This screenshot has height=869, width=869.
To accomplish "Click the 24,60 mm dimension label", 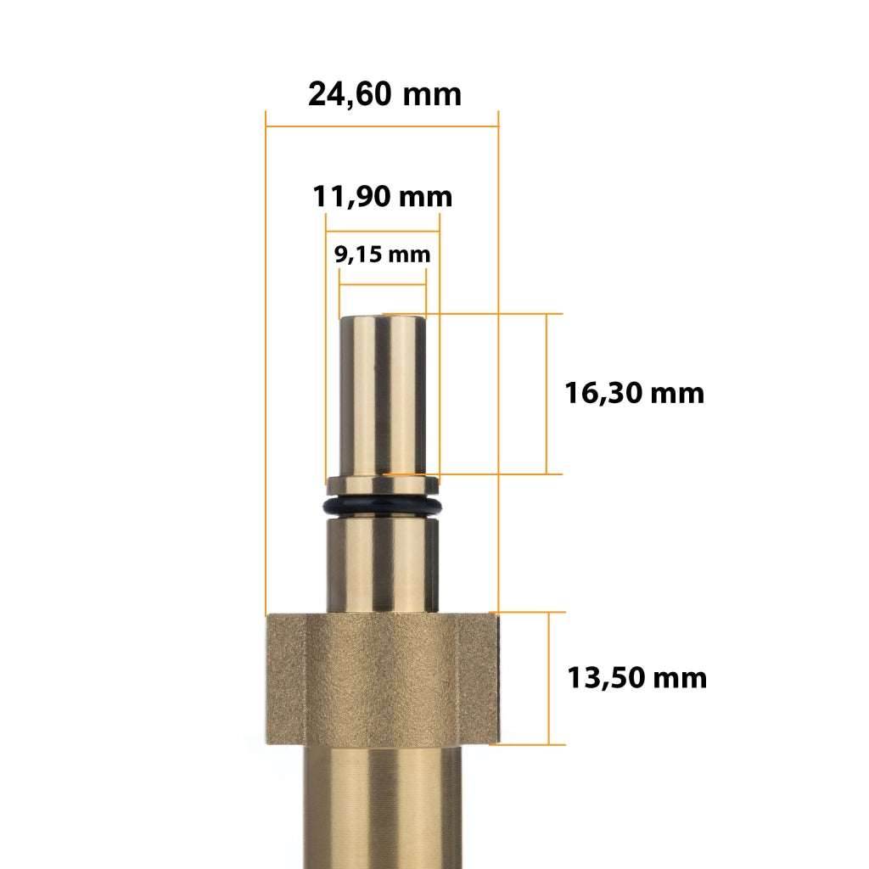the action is (384, 94).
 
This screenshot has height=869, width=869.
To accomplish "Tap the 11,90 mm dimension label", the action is (383, 197).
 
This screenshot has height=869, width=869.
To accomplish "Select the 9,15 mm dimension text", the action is (383, 255).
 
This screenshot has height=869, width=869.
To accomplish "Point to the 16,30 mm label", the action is (634, 393).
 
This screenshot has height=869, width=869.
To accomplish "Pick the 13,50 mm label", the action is (636, 678).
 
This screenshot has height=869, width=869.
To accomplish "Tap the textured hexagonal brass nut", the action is (383, 679).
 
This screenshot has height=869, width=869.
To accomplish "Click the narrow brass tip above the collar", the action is (383, 395).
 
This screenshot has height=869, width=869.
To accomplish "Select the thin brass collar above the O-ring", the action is (383, 486).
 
